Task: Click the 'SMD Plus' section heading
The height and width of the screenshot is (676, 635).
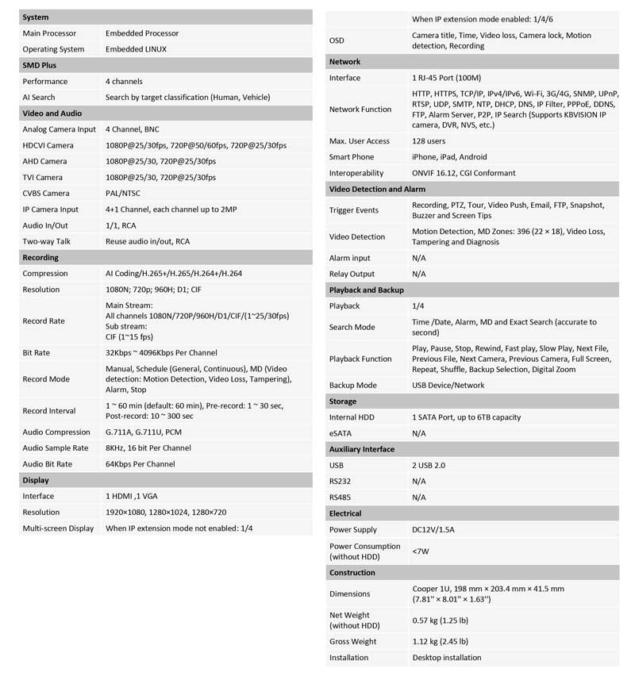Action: tap(39, 65)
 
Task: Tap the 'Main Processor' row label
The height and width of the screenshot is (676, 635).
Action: tap(49, 33)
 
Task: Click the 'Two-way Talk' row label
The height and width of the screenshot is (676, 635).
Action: tap(46, 241)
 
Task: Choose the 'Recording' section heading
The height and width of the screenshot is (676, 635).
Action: tap(40, 257)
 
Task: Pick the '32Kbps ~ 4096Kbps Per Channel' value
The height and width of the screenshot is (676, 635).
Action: tap(161, 352)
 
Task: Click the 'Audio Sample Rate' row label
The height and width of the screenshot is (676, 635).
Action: tap(56, 447)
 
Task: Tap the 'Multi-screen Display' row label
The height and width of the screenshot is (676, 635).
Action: tap(58, 528)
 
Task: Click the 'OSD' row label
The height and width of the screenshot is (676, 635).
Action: tap(337, 40)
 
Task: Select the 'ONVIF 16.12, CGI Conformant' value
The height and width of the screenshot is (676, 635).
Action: tap(464, 172)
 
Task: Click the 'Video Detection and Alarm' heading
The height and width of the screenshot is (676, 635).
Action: tap(377, 189)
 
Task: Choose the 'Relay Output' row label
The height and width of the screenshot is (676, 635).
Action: tap(352, 274)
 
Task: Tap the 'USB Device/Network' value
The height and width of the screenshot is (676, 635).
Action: tap(448, 385)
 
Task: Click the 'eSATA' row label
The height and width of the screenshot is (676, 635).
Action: tap(341, 433)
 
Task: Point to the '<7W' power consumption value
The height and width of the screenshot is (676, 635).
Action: tap(420, 551)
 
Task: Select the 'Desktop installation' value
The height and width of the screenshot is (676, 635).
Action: tap(447, 657)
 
